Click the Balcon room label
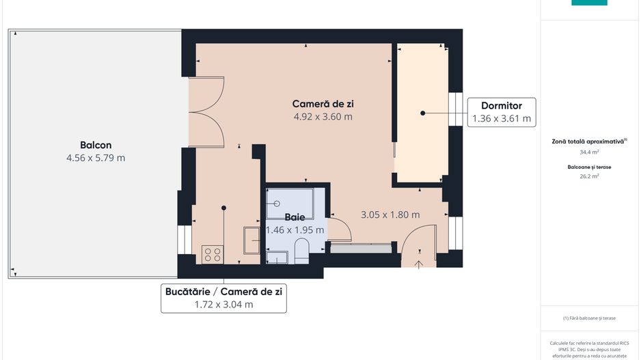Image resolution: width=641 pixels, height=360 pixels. click(x=96, y=145)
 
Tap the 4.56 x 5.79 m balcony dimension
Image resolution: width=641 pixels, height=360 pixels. click(x=96, y=158)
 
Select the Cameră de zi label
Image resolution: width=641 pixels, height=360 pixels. click(x=323, y=104)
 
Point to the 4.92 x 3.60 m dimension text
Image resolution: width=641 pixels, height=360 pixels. click(x=323, y=117)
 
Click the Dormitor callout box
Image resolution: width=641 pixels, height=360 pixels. click(x=502, y=113)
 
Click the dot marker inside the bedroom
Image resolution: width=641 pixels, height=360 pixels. click(x=423, y=113)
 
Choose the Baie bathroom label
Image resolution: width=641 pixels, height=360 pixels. click(x=295, y=217)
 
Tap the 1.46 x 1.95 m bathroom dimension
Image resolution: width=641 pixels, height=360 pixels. click(x=295, y=230)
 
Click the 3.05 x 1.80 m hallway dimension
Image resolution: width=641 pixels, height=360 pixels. click(x=390, y=214)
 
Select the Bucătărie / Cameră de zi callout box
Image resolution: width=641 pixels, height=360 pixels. click(x=223, y=298)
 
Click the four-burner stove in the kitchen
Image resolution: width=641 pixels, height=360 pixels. click(x=212, y=255)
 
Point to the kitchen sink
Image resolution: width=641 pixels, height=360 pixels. click(x=251, y=241)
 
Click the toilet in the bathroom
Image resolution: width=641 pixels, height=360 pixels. click(x=301, y=251)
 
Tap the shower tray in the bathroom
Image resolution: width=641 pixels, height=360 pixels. click(x=290, y=203)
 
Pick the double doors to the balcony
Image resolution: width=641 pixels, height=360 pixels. click(x=207, y=112)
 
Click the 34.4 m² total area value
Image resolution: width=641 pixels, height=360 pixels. click(x=589, y=152)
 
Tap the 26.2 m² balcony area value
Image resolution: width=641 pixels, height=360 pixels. click(x=589, y=176)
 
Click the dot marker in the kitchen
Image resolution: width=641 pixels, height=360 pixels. click(x=223, y=208)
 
